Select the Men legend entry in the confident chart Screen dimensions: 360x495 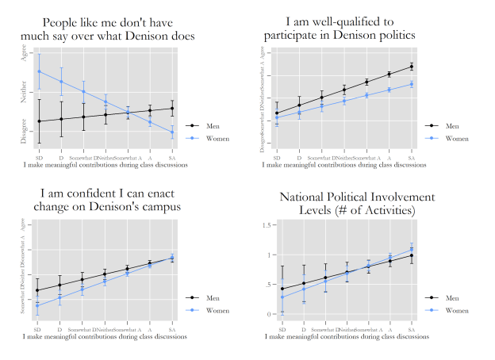[x=203, y=298]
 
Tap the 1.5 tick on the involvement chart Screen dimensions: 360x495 [x=267, y=226]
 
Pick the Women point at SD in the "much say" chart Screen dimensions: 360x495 [x=38, y=72]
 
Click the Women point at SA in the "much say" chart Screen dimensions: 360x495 [x=173, y=132]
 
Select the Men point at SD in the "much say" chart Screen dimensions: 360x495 [x=38, y=121]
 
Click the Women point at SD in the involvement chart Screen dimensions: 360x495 [x=282, y=297]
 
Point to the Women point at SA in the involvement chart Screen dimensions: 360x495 [x=412, y=250]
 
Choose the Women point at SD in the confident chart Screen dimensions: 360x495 [x=37, y=305]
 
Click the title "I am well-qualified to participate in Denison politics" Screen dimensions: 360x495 [x=343, y=29]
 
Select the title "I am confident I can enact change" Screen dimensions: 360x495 [x=105, y=200]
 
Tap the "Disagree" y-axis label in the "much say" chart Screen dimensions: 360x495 [x=24, y=131]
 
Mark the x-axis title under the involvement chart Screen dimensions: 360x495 [x=346, y=336]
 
